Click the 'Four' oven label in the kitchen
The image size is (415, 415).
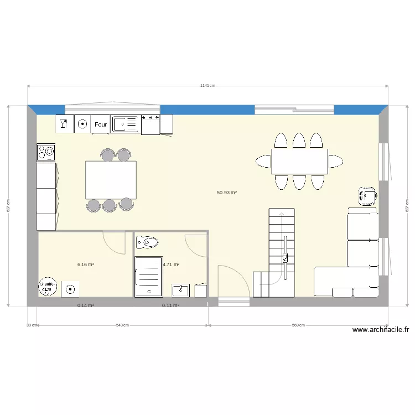point(101,124)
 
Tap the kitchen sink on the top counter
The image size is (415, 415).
point(126,124)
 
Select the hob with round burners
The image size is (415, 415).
point(46,151)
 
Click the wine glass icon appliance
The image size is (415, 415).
point(64,123)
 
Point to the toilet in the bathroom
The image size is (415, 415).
point(147,242)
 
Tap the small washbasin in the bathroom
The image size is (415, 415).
point(180,289)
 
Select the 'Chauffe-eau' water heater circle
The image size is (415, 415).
point(48,286)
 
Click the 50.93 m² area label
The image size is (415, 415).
point(227,193)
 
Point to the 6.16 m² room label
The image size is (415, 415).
point(86,264)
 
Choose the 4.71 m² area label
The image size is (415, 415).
point(170,264)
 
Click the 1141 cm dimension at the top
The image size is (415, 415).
point(207,86)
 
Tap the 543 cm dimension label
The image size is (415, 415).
point(122,325)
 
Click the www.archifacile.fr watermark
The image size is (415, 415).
point(381,330)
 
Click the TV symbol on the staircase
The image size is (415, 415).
point(285,257)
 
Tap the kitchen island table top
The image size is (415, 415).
point(111,180)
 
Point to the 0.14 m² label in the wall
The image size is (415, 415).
point(86,305)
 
